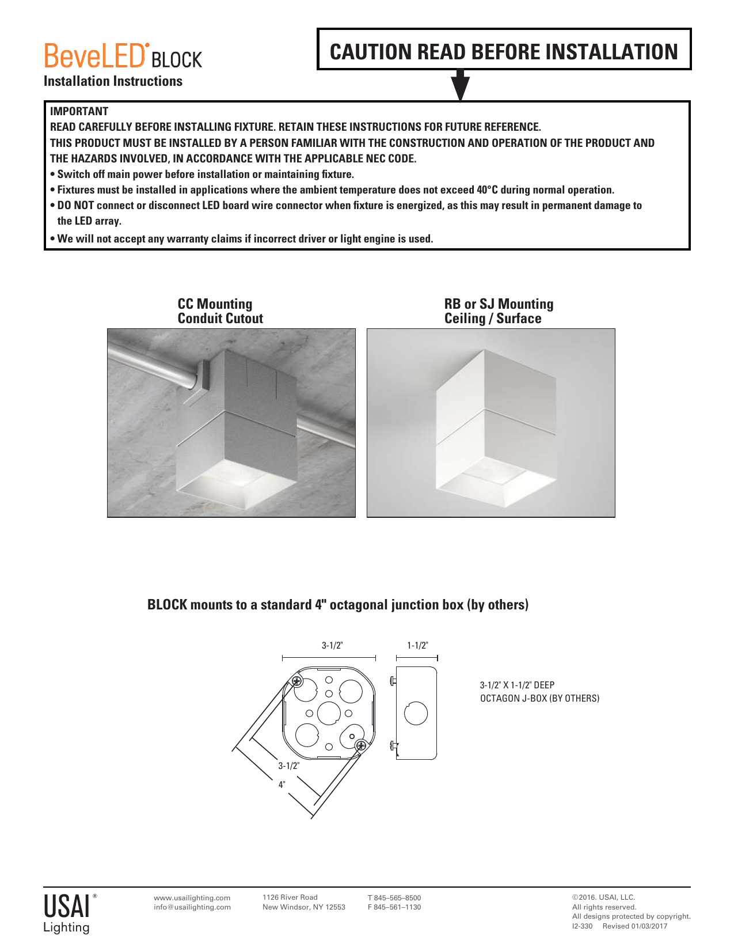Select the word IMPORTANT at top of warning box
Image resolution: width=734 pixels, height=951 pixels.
79,111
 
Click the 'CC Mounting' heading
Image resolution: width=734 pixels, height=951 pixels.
215,304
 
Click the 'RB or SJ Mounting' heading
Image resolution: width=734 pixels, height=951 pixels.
499,304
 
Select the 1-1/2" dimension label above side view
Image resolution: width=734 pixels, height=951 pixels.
417,646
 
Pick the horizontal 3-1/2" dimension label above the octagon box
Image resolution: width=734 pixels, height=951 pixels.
332,646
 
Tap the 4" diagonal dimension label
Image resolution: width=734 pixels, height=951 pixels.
282,785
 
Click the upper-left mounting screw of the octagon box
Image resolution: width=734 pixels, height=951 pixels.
296,681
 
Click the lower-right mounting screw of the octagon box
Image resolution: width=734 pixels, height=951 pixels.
361,746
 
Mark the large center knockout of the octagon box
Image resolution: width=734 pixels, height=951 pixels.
329,713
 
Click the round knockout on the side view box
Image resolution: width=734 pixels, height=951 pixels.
416,714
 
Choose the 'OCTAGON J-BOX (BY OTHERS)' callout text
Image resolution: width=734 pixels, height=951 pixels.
539,699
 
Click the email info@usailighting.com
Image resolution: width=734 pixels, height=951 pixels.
192,907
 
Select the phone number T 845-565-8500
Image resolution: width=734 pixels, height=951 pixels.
394,897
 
